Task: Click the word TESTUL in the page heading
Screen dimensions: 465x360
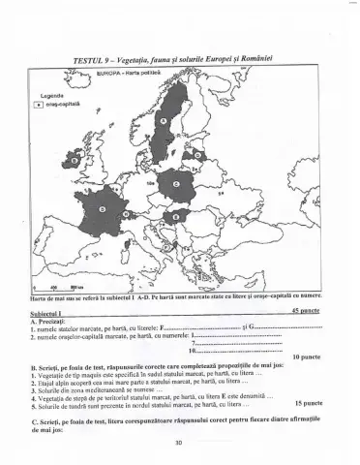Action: tap(82, 61)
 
